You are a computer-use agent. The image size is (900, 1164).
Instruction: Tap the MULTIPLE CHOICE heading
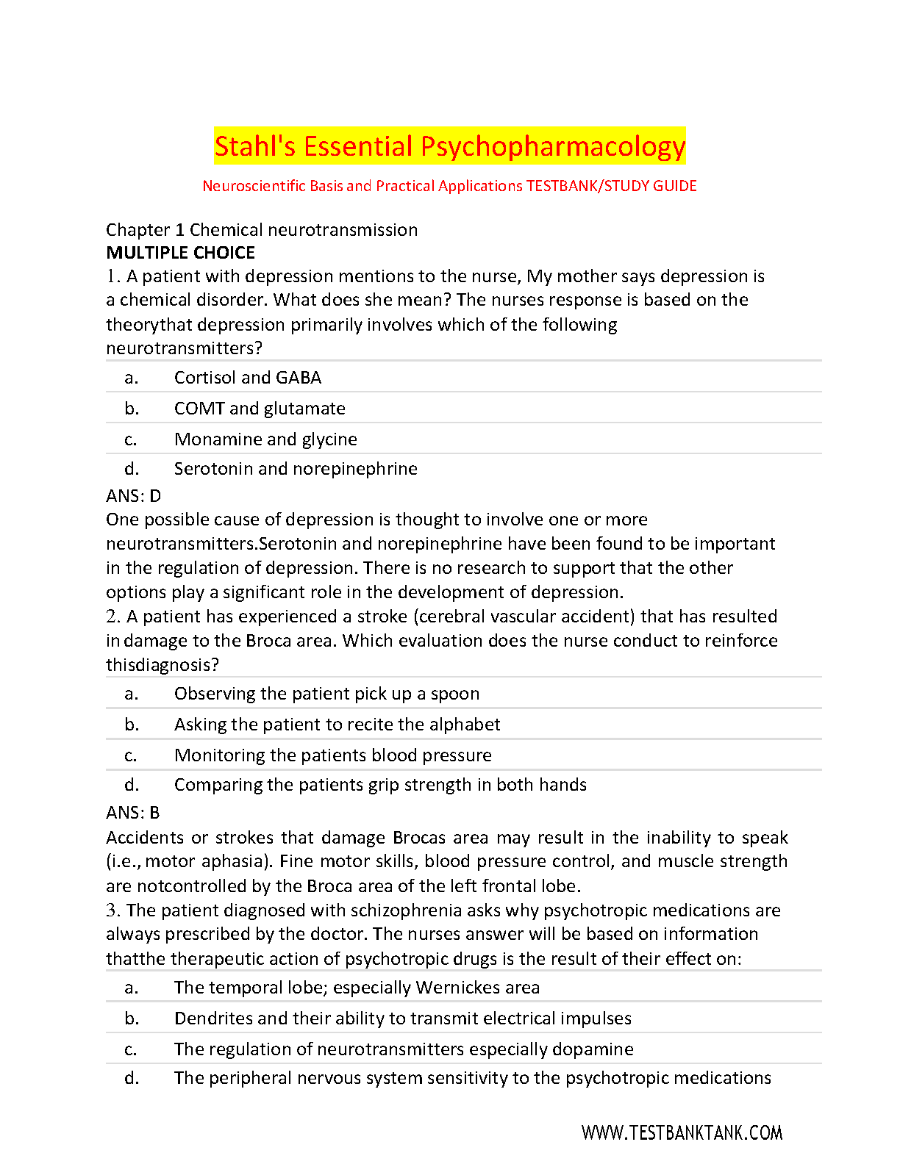coord(180,253)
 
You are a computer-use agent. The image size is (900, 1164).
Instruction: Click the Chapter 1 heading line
coord(261,230)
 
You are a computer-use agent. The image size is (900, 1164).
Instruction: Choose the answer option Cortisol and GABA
coord(247,378)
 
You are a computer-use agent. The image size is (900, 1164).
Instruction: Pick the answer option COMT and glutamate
coord(259,409)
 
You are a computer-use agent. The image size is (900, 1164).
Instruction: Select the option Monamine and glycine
coord(265,439)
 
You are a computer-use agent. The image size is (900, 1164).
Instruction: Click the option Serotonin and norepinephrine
coord(295,469)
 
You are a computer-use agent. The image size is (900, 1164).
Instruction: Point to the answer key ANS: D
coord(133,496)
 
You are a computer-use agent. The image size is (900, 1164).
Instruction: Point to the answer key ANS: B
coord(132,813)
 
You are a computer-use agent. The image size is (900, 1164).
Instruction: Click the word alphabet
coord(464,725)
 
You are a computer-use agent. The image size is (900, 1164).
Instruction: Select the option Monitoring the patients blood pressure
coord(332,755)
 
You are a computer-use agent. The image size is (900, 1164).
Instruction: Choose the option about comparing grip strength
coord(379,785)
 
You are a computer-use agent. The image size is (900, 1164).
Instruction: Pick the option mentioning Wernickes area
coord(356,988)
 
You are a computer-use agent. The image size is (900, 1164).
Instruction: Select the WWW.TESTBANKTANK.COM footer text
coord(682,1133)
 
